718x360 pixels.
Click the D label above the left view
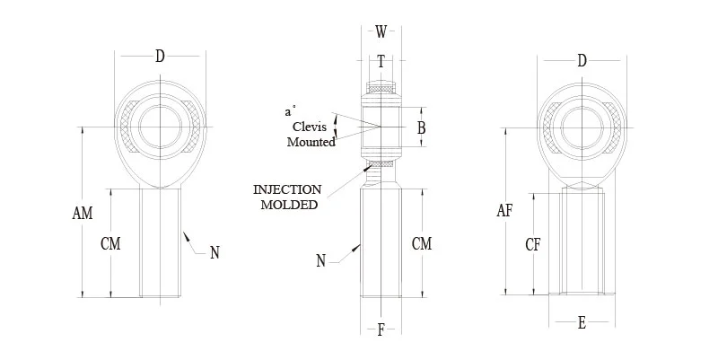coord(160,57)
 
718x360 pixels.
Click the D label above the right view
coord(582,61)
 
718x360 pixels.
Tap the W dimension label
coord(381,32)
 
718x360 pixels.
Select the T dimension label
coord(381,62)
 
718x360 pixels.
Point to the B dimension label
coord(421,127)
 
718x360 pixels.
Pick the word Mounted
coord(311,142)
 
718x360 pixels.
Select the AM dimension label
coord(83,213)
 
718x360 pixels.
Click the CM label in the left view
coord(111,244)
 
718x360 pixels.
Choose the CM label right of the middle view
coord(421,242)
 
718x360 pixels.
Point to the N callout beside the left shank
coord(215,253)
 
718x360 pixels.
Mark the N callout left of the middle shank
coord(321,261)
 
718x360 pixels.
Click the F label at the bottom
coord(381,329)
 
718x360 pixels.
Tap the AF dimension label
coord(504,211)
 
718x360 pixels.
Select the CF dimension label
coord(532,243)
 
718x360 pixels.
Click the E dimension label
coord(582,323)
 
